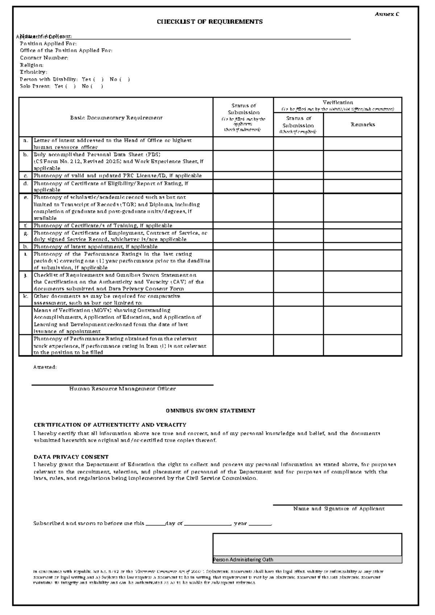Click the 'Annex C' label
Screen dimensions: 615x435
coord(387,14)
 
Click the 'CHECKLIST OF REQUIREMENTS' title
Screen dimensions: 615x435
coord(210,22)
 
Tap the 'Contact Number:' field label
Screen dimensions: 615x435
coord(44,58)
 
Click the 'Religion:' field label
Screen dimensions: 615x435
coord(32,65)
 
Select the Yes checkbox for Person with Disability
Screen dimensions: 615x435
coord(98,79)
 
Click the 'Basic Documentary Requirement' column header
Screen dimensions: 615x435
coord(116,117)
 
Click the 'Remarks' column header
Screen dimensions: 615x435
coord(362,124)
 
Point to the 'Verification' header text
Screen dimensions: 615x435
coord(337,103)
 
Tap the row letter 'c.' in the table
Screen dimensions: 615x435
coord(25,176)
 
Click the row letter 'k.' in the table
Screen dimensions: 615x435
coord(25,296)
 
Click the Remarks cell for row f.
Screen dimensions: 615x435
coord(362,226)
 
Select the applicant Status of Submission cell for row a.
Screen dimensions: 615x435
coord(243,144)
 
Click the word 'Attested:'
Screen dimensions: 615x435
coord(45,367)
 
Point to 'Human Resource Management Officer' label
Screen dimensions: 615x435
coord(123,389)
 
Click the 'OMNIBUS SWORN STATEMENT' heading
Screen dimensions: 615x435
coord(210,411)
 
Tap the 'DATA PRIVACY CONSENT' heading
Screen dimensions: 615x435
coord(71,457)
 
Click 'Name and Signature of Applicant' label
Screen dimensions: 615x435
coord(339,509)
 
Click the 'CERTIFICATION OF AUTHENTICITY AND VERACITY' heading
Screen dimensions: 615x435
coord(110,425)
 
